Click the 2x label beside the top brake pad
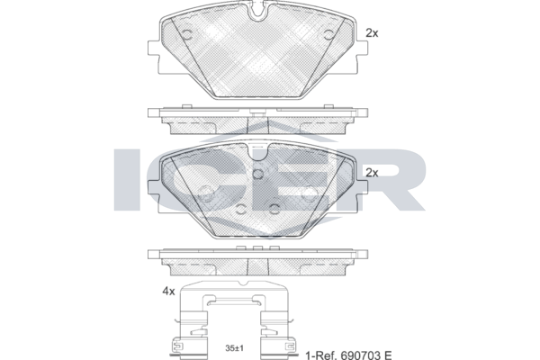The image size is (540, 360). click(x=372, y=33)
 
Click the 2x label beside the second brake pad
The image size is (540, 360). click(x=372, y=173)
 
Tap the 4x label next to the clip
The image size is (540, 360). click(x=169, y=292)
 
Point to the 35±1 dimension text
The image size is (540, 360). click(x=234, y=348)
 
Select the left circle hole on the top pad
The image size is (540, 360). click(x=186, y=34)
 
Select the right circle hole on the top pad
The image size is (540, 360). click(x=328, y=34)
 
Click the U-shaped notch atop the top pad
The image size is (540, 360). click(x=257, y=10)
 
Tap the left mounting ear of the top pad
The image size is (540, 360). click(x=154, y=48)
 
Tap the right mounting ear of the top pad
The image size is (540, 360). click(x=362, y=48)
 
